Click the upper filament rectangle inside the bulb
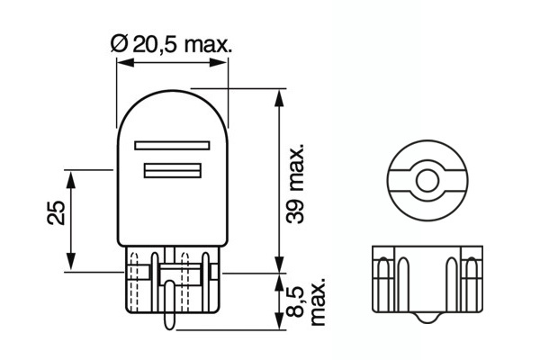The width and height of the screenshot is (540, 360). pos(170,144)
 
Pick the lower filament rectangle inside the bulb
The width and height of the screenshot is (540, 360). pos(170,171)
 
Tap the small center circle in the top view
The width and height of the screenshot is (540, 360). pos(426,179)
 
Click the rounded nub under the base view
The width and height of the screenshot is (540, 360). pos(426,320)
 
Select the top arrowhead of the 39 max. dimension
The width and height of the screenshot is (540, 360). pos(277,95)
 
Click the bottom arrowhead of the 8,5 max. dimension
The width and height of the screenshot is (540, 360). pos(277,327)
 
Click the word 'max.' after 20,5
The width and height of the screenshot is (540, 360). pos(209,43)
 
